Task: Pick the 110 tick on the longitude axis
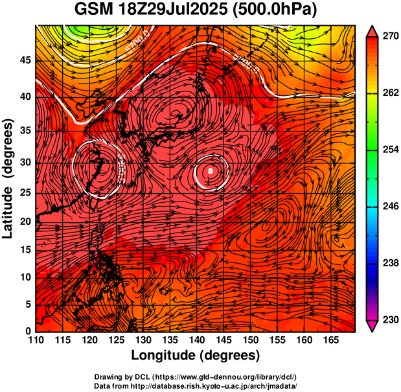(x=36, y=341)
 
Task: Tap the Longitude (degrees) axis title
(x=196, y=356)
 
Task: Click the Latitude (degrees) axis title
(x=8, y=178)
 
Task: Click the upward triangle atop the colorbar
(x=372, y=30)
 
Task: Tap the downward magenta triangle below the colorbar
(x=372, y=326)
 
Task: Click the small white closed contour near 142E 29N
(x=211, y=170)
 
